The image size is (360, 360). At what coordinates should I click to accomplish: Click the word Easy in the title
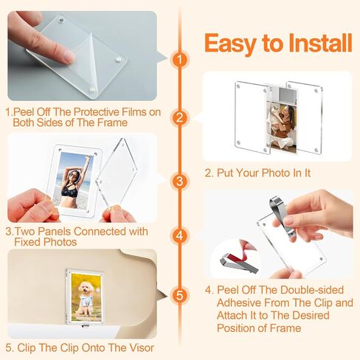[x=230, y=44]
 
